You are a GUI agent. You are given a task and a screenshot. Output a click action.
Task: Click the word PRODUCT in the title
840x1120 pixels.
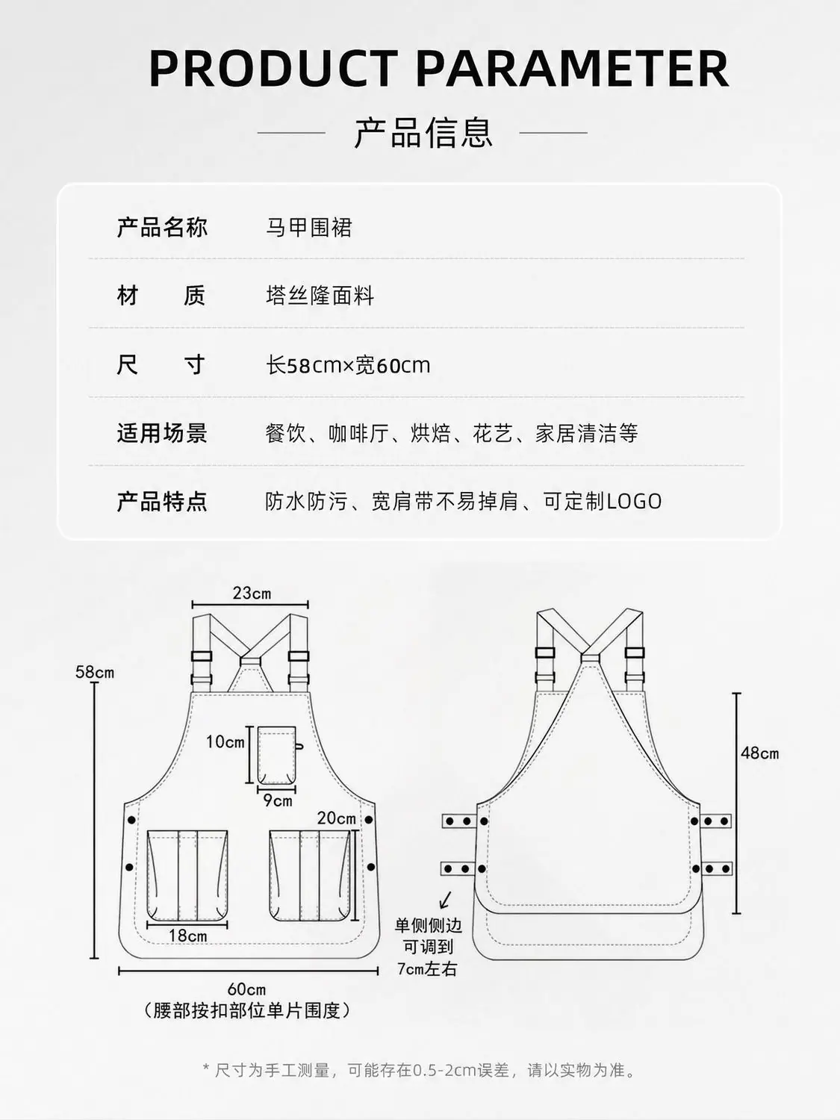(x=273, y=69)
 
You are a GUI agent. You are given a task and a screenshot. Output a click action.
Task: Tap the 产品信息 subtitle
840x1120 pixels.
(x=423, y=133)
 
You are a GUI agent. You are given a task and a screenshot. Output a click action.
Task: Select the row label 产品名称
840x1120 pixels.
(x=162, y=227)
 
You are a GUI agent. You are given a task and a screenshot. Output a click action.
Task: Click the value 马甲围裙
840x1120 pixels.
(x=309, y=228)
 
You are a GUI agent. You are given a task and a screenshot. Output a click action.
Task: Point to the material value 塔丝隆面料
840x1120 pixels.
(x=320, y=296)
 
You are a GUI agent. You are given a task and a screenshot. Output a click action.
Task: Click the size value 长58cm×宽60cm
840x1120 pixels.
(x=349, y=365)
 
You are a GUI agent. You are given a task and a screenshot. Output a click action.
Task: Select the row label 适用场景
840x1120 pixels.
(x=162, y=433)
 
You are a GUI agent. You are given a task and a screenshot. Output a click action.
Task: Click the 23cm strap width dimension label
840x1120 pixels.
(x=252, y=593)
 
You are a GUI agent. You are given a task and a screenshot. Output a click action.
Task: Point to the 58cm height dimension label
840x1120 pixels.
(x=95, y=672)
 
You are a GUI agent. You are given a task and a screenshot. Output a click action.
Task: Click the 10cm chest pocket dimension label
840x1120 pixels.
(x=225, y=741)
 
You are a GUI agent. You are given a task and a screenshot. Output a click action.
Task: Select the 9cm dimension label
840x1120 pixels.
(x=278, y=800)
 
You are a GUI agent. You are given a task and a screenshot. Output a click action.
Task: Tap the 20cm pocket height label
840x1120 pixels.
(x=337, y=818)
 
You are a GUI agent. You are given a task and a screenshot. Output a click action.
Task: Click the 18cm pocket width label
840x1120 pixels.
(x=187, y=936)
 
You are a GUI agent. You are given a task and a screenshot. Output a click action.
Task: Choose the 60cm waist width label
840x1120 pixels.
(x=247, y=989)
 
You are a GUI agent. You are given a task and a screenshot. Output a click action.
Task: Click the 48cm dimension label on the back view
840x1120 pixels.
(x=760, y=753)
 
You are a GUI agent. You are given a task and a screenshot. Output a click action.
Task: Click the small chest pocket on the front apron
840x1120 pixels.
(x=277, y=755)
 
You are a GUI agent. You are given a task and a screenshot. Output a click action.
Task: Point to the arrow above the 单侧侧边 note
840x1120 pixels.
(x=445, y=900)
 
